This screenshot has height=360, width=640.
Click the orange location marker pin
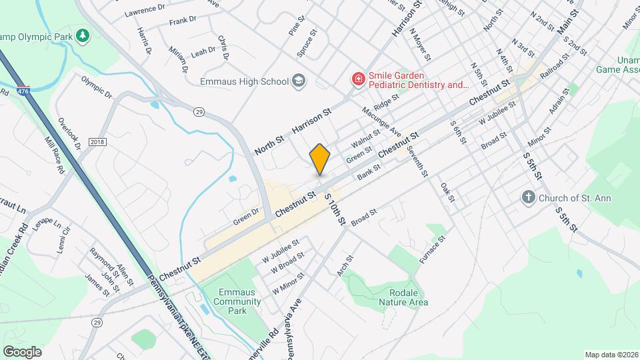click(x=320, y=159)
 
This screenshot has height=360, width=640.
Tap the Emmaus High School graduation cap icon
click(x=299, y=81)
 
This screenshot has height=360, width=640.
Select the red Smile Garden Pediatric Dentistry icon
click(x=358, y=80)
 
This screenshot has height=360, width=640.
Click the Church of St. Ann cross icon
click(x=528, y=197)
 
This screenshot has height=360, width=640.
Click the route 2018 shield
click(x=97, y=141)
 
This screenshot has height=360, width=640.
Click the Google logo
click(x=22, y=351)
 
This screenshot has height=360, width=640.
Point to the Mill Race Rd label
click(x=53, y=155)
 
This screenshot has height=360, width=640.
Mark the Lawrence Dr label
click(x=145, y=9)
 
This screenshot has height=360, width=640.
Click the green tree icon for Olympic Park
click(x=82, y=34)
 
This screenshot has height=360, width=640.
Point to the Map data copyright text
click(x=611, y=355)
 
